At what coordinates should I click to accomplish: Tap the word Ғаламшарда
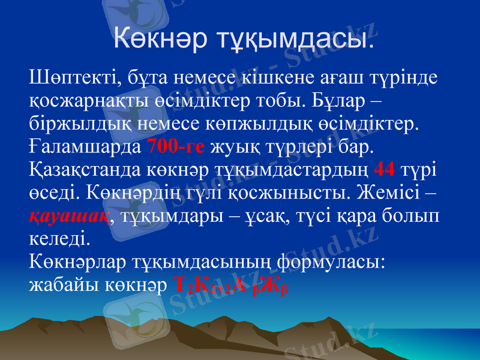pos(85,146)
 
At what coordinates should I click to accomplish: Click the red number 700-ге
pos(176,146)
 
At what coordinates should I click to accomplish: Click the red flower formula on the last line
pos(232,286)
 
